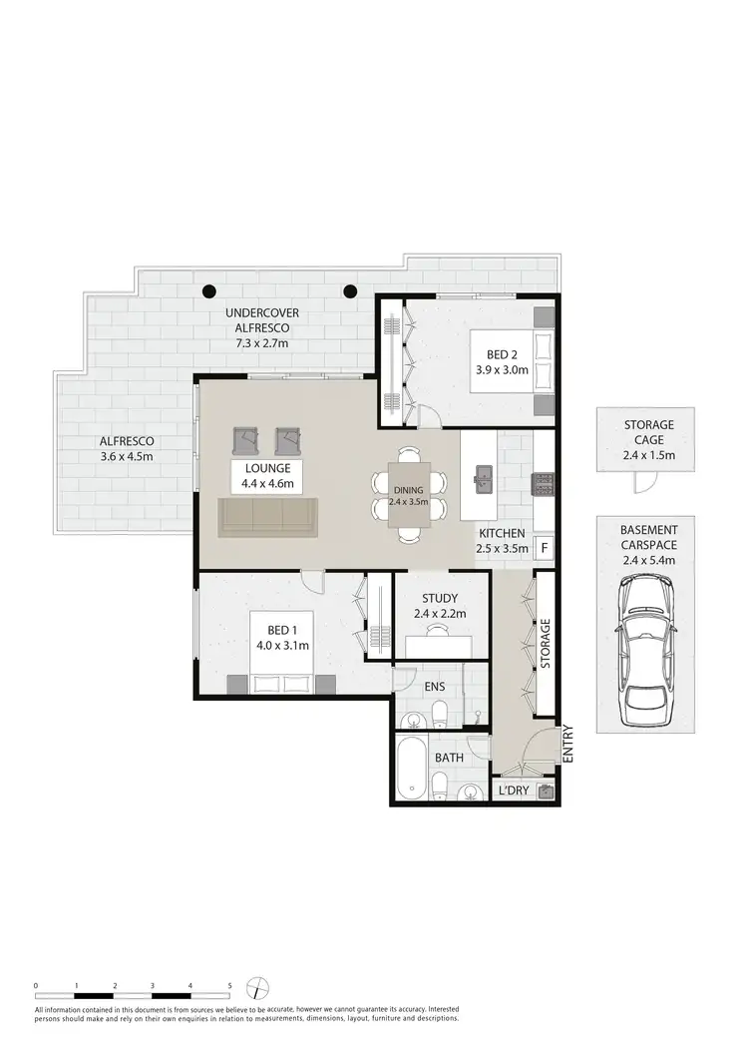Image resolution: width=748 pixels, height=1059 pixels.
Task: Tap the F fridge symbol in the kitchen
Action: coord(544,547)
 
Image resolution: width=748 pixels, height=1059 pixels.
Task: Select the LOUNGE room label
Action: coord(265,467)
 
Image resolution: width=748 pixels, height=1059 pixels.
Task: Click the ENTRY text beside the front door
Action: coord(569,744)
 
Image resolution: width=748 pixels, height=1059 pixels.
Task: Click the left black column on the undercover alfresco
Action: coord(209,291)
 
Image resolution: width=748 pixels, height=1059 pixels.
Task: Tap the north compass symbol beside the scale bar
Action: coord(258,987)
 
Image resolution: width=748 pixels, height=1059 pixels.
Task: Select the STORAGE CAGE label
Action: coord(649,432)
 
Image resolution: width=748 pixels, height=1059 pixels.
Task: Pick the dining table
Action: coord(410,495)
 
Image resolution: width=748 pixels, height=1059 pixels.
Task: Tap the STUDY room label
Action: coord(440,599)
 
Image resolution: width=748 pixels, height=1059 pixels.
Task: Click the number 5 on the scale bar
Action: coord(229,985)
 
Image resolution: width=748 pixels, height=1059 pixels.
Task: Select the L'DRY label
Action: coord(513,792)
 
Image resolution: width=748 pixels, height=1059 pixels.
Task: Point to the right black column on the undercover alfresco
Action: coord(350,291)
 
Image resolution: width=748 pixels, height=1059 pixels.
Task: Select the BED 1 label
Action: coord(281,630)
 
